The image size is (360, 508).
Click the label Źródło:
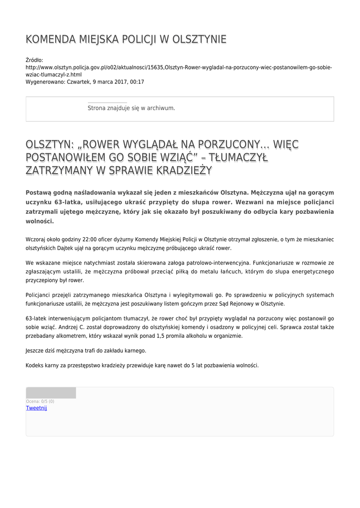click(x=35, y=60)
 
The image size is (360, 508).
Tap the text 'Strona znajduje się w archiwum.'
click(x=131, y=108)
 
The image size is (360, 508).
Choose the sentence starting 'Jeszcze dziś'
click(x=86, y=350)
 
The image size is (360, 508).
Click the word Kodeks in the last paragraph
click(x=35, y=365)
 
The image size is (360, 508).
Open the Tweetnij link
click(x=36, y=408)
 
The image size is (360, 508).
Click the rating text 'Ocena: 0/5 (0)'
click(x=40, y=401)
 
